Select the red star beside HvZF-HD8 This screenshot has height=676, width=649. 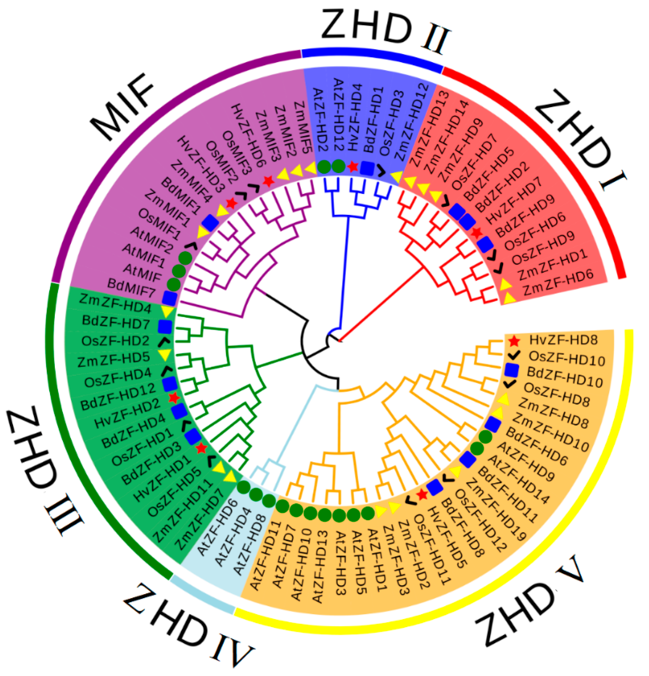click(x=514, y=341)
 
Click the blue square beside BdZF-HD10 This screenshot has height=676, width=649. click(x=511, y=370)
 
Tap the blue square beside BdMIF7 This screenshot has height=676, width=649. click(x=170, y=298)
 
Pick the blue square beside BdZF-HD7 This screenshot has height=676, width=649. click(x=165, y=326)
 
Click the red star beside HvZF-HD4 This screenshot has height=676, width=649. click(x=352, y=167)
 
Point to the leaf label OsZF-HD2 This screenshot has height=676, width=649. click(x=115, y=341)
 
